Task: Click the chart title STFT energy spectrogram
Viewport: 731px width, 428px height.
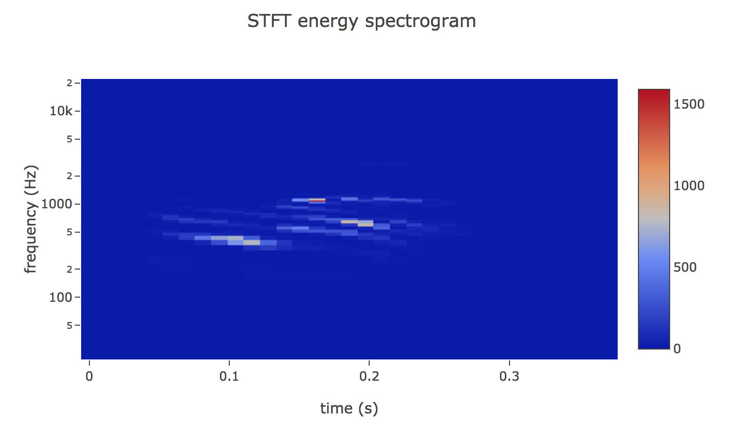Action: tap(361, 21)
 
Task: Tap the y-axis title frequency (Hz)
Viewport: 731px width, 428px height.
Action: tap(31, 219)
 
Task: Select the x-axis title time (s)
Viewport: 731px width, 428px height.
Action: tap(349, 408)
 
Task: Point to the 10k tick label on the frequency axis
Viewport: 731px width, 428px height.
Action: tap(61, 111)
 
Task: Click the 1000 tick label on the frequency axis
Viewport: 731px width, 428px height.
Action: tap(57, 204)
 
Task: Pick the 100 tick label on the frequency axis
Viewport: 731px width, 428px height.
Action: tap(60, 297)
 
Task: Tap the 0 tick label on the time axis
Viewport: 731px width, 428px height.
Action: tap(89, 376)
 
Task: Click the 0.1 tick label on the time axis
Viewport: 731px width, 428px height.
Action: tap(229, 376)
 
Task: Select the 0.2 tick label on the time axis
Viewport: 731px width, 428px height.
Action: tap(369, 376)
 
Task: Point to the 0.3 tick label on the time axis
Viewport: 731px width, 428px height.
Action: tap(509, 376)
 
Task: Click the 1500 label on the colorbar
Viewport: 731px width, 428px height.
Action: tap(689, 104)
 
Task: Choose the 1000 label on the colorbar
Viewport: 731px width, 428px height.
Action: tap(689, 186)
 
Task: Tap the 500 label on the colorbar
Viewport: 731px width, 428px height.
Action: tap(685, 267)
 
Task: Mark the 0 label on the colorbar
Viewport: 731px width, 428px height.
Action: tap(677, 349)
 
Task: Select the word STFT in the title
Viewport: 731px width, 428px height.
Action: tap(269, 21)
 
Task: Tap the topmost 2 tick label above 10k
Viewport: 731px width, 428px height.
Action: tap(69, 83)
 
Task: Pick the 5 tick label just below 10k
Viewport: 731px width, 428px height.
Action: tap(69, 139)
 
